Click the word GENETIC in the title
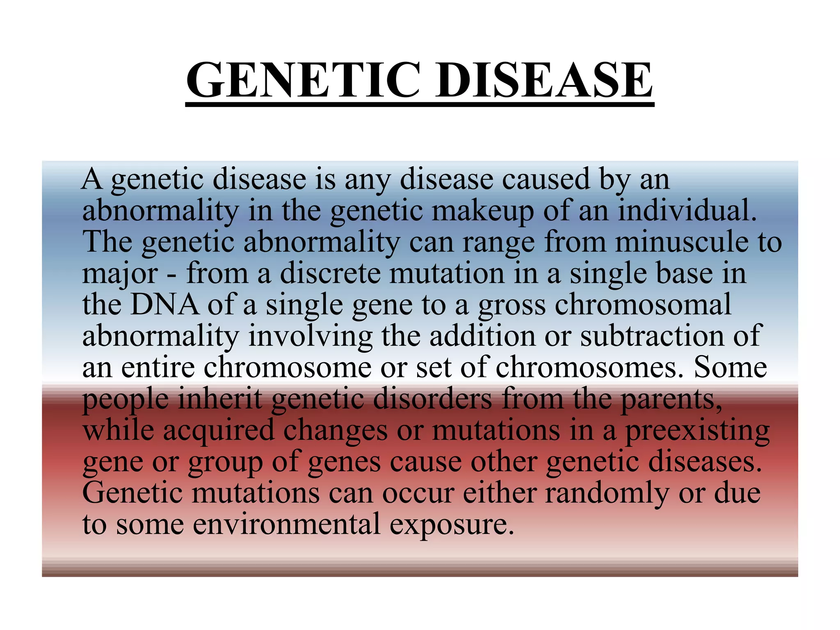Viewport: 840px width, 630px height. click(304, 80)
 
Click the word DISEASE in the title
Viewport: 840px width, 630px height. click(543, 80)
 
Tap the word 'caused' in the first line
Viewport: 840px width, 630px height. click(546, 179)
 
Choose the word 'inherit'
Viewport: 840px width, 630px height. click(220, 398)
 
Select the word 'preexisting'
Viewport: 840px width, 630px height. click(697, 431)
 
